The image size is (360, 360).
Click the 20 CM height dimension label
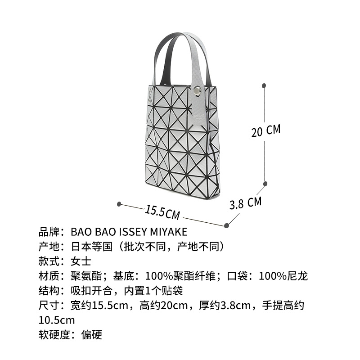point(266,131)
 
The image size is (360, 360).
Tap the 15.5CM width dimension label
point(162,211)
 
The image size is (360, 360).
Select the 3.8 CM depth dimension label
point(245,202)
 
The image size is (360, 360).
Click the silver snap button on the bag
point(197,91)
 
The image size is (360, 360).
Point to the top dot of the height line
point(264,85)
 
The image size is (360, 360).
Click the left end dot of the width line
point(119,204)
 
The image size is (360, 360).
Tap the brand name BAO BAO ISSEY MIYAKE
point(129,232)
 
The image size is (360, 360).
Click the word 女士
point(81,261)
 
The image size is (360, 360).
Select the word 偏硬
point(92,334)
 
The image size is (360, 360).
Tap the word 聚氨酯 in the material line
point(86,276)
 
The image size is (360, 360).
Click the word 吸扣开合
point(92,291)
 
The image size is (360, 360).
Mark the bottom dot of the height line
point(265,183)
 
